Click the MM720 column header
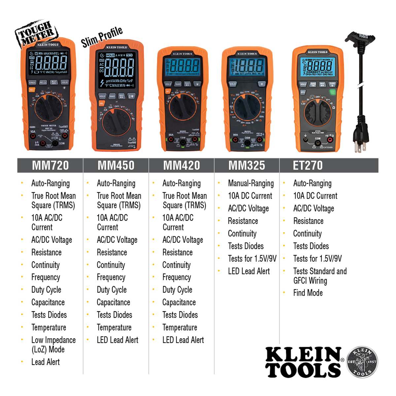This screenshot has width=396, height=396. [x=50, y=165]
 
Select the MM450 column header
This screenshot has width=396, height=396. [x=116, y=165]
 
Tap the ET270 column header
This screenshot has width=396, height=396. [x=308, y=165]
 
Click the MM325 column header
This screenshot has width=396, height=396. [x=247, y=165]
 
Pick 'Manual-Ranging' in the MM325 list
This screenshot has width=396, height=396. [x=251, y=183]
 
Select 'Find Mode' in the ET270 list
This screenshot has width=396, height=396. [x=308, y=293]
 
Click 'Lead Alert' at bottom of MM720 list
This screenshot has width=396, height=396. [x=46, y=362]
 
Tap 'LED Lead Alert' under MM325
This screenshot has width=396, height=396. [x=249, y=271]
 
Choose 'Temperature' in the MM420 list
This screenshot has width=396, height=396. [x=180, y=327]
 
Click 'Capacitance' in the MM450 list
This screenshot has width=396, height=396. [x=113, y=302]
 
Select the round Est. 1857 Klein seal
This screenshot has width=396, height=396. [x=362, y=362]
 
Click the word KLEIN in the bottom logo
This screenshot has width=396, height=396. [x=304, y=355]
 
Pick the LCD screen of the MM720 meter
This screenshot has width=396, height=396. [x=48, y=63]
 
